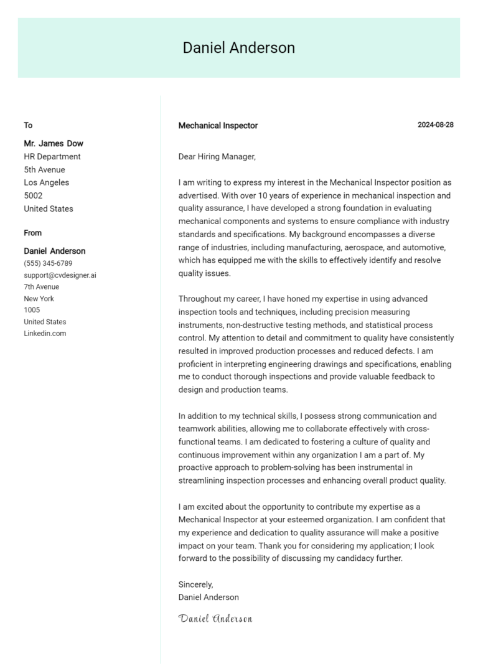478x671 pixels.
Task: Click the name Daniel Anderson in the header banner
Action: coord(238,48)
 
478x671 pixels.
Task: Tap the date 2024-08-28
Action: coord(435,125)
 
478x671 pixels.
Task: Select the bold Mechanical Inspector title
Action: coord(218,126)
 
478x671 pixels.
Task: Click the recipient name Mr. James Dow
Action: coord(54,143)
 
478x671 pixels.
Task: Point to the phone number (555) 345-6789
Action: coord(48,263)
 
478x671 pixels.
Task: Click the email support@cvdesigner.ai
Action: coord(60,275)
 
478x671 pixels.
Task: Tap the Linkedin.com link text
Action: coord(45,334)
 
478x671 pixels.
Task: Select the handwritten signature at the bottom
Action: coord(215,619)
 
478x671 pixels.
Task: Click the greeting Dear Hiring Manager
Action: coord(217,157)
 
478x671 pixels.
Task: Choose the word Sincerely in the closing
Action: coord(195,584)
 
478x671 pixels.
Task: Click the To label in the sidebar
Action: coord(28,125)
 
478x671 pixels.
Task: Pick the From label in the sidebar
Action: coord(33,233)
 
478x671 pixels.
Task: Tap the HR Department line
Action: coord(52,157)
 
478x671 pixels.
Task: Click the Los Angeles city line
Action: coord(47,182)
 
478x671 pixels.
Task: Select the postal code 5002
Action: coord(34,195)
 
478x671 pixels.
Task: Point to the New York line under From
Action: coord(39,299)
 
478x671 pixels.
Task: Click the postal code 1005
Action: coord(32,310)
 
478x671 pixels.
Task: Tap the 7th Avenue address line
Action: coord(42,287)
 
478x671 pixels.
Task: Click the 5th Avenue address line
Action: coord(44,170)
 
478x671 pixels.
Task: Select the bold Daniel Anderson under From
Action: coord(55,251)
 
